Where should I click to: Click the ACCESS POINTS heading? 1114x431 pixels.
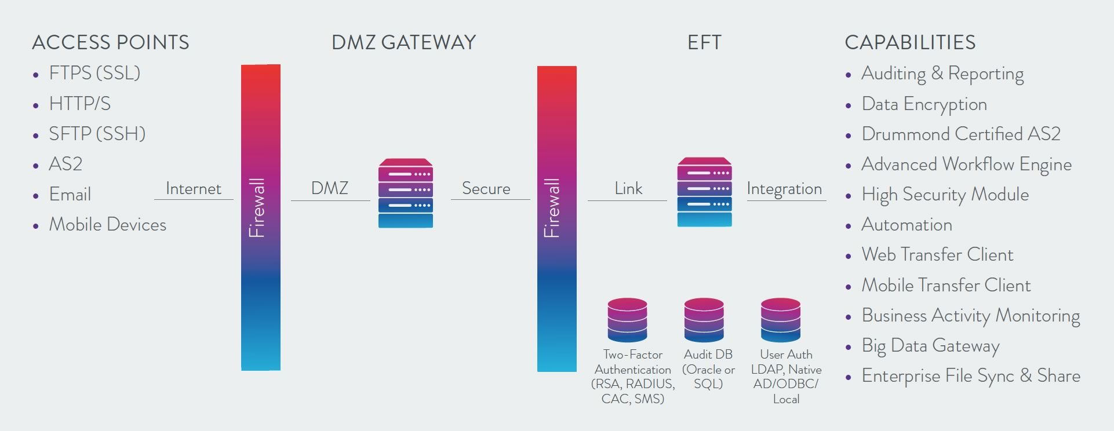(110, 42)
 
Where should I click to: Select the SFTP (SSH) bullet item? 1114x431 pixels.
(97, 134)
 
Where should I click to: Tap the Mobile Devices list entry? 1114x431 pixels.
(107, 225)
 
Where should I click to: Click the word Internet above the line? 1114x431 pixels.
(193, 189)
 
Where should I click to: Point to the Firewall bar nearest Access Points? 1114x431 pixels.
(260, 217)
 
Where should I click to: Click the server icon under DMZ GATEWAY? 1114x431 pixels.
(405, 193)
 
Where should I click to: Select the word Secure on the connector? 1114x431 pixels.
(486, 189)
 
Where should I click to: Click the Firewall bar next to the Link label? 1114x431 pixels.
(556, 219)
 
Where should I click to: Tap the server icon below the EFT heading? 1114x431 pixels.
(704, 192)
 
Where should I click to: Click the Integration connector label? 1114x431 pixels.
(784, 189)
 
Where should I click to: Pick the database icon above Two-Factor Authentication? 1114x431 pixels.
(627, 320)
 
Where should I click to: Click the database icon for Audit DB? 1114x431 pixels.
(704, 320)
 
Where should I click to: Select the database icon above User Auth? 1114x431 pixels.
(780, 320)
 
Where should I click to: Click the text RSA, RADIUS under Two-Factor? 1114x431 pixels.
(633, 384)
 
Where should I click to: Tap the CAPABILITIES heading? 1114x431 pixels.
(909, 42)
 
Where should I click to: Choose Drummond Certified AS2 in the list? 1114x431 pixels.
(960, 134)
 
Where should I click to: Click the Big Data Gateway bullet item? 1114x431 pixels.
(930, 346)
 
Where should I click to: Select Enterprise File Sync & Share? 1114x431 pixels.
(970, 376)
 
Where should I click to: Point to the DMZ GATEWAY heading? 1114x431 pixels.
(403, 42)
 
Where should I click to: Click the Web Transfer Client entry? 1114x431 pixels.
(937, 255)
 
